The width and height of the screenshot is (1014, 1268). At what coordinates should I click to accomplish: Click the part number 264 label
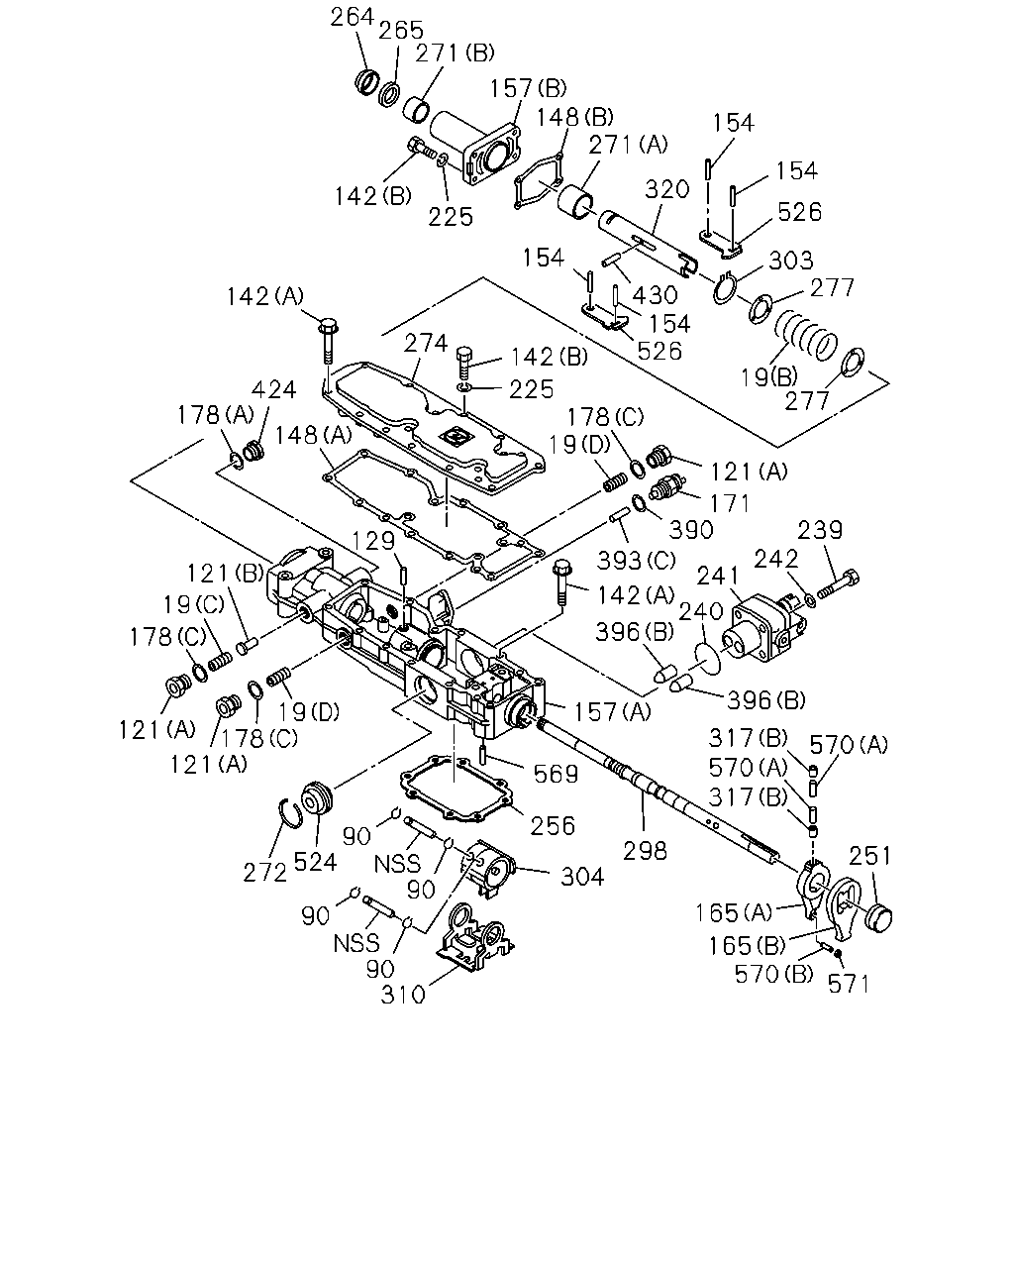[352, 17]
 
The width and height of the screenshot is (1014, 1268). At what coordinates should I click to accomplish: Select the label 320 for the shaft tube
[666, 190]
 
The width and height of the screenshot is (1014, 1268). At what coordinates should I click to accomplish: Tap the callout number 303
[790, 260]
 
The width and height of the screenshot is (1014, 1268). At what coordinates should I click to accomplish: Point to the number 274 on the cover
[426, 343]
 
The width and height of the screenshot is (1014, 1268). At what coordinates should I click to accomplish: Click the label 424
[273, 389]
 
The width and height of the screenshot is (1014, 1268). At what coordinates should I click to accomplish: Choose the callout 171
[730, 504]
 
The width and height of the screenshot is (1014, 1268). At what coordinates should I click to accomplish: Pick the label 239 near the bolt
[820, 530]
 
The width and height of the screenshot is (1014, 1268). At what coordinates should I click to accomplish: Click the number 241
[718, 576]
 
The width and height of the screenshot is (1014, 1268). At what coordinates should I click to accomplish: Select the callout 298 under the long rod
[646, 851]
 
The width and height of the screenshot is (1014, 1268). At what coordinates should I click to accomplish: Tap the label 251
[870, 856]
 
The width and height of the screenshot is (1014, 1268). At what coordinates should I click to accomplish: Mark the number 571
[849, 984]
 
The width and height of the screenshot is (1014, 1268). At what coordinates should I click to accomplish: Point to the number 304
[582, 878]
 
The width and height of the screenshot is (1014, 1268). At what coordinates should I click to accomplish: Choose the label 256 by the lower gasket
[553, 826]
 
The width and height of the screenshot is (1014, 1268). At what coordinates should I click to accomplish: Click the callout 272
[265, 873]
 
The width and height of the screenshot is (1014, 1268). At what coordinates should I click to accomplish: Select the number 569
[556, 775]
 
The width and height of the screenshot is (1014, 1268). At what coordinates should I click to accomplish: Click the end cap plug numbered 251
[878, 918]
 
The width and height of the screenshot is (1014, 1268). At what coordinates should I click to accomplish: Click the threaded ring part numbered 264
[367, 81]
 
